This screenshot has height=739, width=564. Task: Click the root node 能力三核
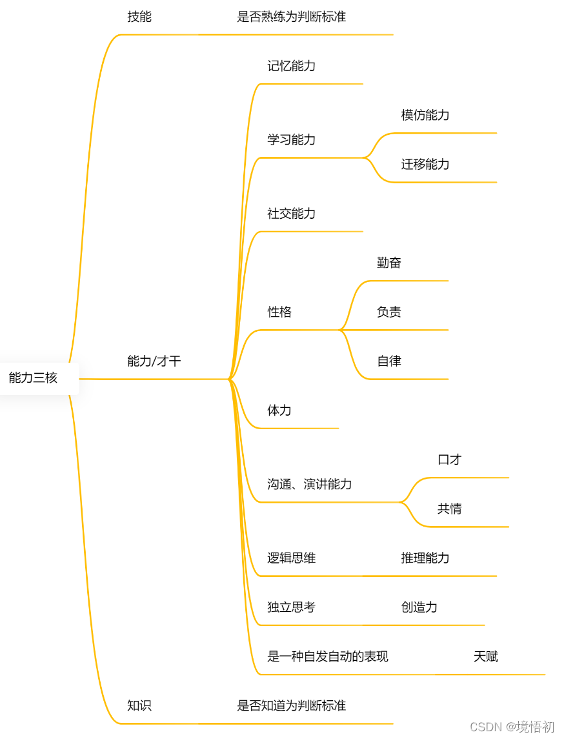tap(34, 378)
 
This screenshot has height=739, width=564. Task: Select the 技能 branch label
tap(139, 17)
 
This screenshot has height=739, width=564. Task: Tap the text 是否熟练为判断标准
tap(291, 17)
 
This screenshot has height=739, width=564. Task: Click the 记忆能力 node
tap(291, 66)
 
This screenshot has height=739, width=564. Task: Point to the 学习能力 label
tap(291, 139)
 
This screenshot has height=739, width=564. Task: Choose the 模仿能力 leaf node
tap(425, 115)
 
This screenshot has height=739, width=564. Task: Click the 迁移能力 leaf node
tap(425, 164)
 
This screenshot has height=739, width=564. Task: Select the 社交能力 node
tap(291, 213)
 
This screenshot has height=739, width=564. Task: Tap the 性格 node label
tap(279, 312)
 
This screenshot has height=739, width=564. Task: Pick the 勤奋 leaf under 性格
tap(389, 263)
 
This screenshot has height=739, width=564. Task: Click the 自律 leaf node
tap(389, 361)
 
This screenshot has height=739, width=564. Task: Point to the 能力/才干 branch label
tap(154, 361)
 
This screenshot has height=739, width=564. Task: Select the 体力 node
tap(279, 410)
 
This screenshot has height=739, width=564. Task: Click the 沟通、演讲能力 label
tap(309, 484)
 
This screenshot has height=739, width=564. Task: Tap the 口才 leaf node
tap(450, 460)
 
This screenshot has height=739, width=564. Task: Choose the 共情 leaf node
tap(450, 509)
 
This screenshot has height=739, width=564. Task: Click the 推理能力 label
tap(425, 558)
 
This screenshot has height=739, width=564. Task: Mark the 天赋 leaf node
tap(485, 656)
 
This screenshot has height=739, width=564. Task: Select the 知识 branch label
tap(139, 705)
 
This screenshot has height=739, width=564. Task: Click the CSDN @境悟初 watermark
tap(512, 727)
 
